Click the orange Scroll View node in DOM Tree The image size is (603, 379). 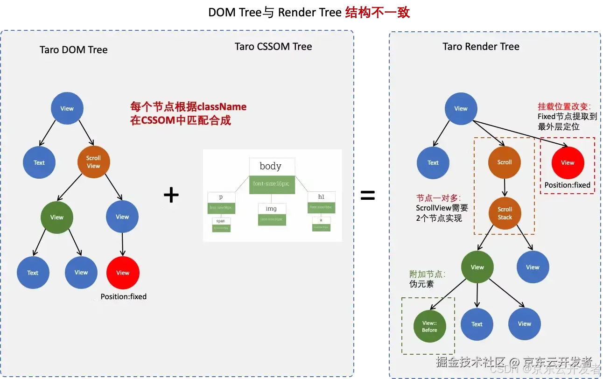point(93,162)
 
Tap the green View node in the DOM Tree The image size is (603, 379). point(56,217)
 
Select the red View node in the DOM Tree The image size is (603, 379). point(123,273)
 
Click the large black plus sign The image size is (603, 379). point(171,195)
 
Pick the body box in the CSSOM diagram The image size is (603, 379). point(271,167)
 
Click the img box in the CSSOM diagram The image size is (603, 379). point(271,209)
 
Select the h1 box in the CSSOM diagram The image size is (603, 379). point(321,197)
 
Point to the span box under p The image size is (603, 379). point(221,221)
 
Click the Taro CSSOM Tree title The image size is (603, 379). point(273,46)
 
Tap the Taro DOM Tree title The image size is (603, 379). point(74,49)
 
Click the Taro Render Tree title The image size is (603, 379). point(481,46)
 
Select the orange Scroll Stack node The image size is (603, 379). point(505,213)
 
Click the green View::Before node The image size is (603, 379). point(429,326)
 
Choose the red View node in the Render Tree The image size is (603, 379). point(568,162)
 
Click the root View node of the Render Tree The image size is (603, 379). point(461,108)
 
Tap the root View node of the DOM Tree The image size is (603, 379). point(67,108)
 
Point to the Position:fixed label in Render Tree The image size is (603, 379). point(567,185)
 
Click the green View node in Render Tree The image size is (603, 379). point(477,267)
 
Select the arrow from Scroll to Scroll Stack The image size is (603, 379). point(505,188)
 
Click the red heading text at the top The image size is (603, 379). point(377,13)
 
